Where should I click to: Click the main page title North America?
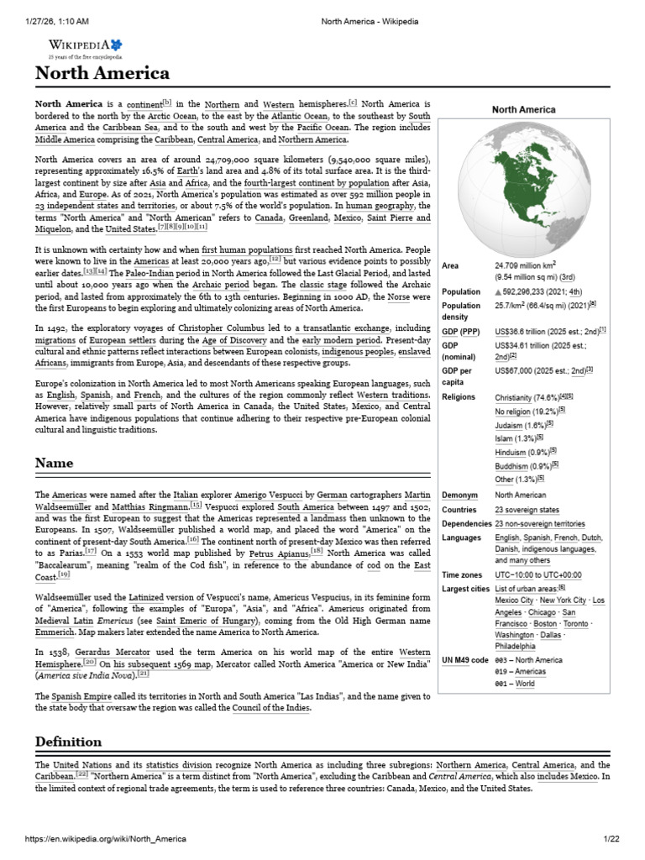[x=102, y=73]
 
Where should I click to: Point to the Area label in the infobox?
[x=450, y=266]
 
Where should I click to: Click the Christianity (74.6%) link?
[x=527, y=397]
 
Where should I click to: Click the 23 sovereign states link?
[x=527, y=510]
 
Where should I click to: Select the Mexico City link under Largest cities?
[x=514, y=600]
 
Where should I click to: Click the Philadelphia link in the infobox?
[x=516, y=647]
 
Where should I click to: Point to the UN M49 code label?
[x=464, y=660]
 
